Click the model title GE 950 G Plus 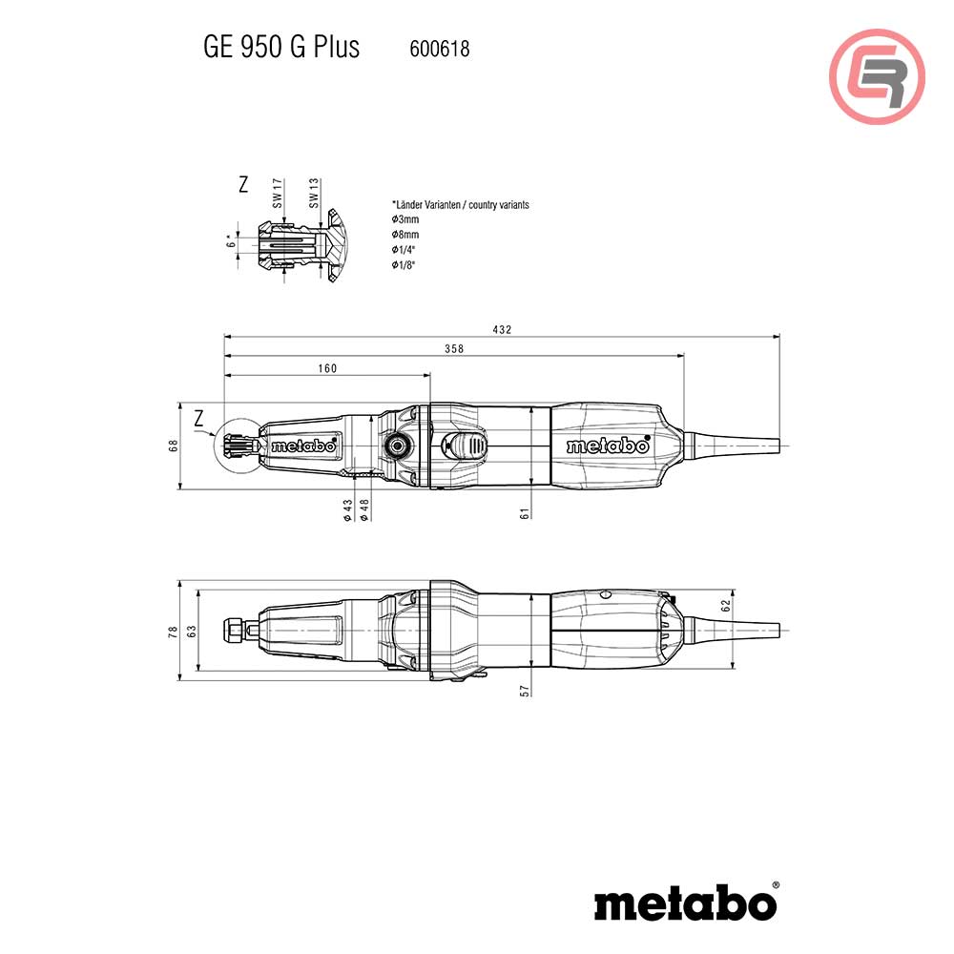tap(281, 48)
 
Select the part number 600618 tap(439, 49)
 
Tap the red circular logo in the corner tap(877, 77)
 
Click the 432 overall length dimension tap(502, 329)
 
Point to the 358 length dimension tap(453, 349)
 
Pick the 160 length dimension tap(327, 368)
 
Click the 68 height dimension tap(175, 446)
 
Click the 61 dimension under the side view tap(525, 513)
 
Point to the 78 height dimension tap(174, 631)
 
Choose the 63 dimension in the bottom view tap(191, 631)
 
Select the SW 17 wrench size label tap(278, 193)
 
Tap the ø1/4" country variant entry tap(404, 249)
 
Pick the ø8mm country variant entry tap(405, 235)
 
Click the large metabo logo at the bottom tap(686, 902)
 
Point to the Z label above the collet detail tap(243, 185)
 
